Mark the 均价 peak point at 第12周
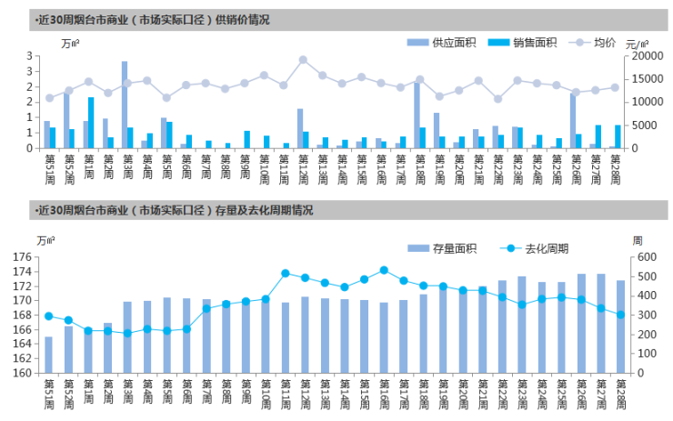pos(303,60)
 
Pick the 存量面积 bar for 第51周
pos(48,355)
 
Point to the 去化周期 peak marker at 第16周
pos(384,270)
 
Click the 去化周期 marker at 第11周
pos(286,273)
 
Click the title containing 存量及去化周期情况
pos(173,210)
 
